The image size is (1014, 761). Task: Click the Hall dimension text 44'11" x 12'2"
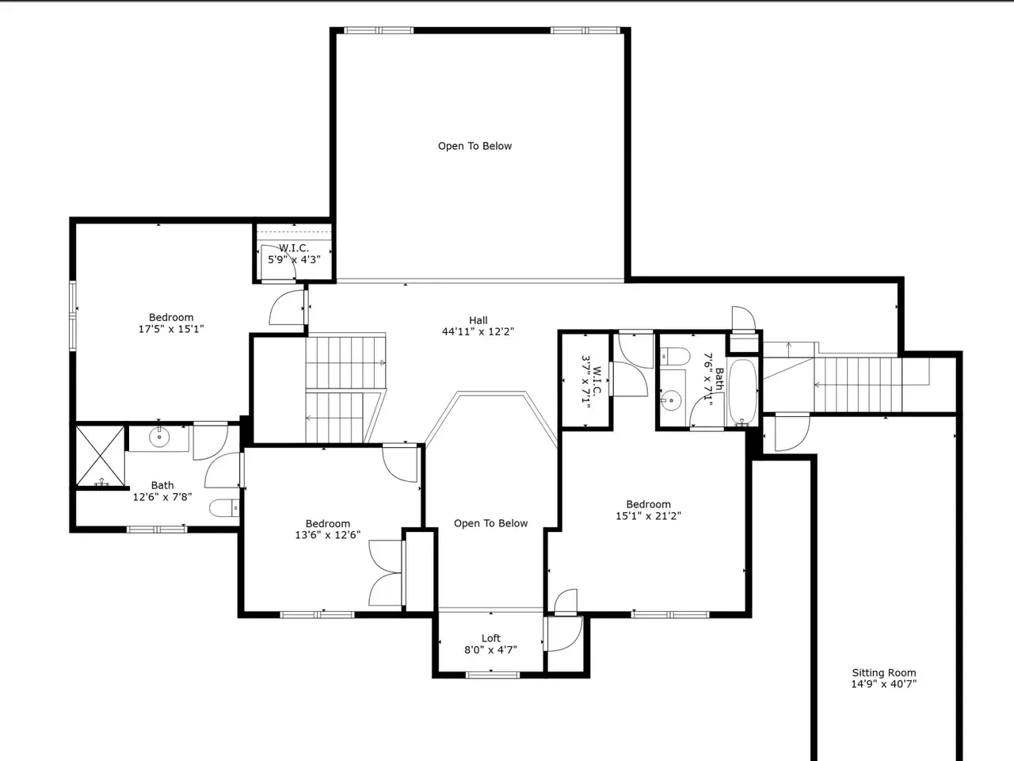pyautogui.click(x=478, y=332)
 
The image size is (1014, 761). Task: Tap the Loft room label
pyautogui.click(x=490, y=638)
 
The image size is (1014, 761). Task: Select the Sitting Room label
pyautogui.click(x=884, y=673)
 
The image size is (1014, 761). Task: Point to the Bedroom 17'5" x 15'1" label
pyautogui.click(x=171, y=323)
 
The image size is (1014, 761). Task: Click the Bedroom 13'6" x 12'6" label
pyautogui.click(x=327, y=529)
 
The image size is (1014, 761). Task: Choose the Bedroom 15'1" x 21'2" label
pyautogui.click(x=648, y=510)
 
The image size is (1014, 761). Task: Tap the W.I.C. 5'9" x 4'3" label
pyautogui.click(x=294, y=254)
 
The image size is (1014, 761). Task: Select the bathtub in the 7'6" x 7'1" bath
pyautogui.click(x=742, y=392)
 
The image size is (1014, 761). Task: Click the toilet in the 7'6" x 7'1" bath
pyautogui.click(x=674, y=356)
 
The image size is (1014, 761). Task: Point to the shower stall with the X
pyautogui.click(x=100, y=456)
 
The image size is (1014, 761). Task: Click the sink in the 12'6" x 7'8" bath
pyautogui.click(x=159, y=437)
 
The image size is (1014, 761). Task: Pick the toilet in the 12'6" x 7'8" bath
pyautogui.click(x=224, y=508)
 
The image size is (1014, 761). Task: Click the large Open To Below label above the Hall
pyautogui.click(x=475, y=146)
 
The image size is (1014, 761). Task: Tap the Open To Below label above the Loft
pyautogui.click(x=490, y=523)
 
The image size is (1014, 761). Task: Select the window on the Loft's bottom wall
pyautogui.click(x=493, y=675)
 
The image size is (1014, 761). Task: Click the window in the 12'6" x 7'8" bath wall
pyautogui.click(x=157, y=529)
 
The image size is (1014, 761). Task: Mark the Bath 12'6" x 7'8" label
pyautogui.click(x=162, y=491)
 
